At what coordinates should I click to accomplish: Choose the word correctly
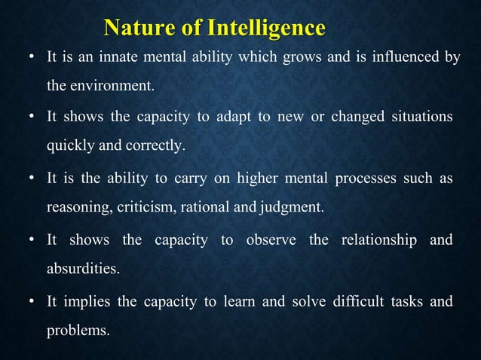pos(157,145)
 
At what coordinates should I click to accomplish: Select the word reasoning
pos(77,207)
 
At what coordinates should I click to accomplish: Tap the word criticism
pos(143,207)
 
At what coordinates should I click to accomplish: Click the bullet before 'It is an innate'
pos(31,58)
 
